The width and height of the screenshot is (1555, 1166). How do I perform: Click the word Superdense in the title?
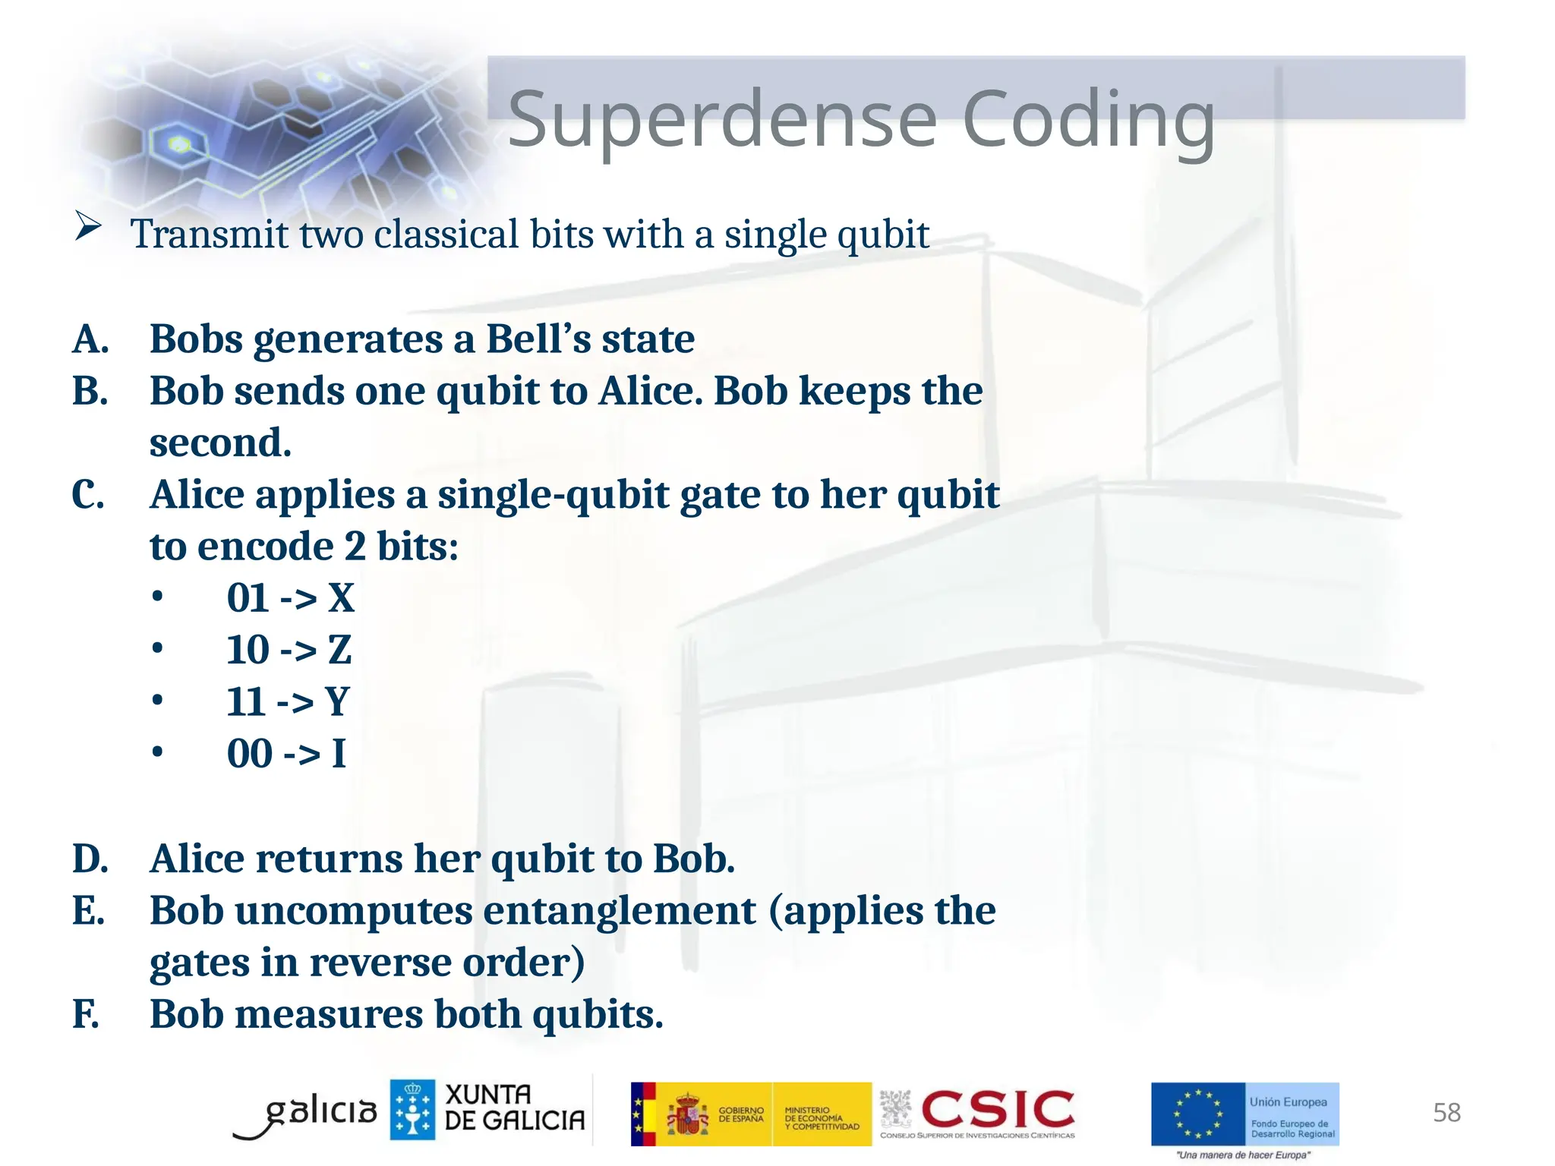pyautogui.click(x=722, y=119)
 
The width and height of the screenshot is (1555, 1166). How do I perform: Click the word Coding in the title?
pyautogui.click(x=1088, y=119)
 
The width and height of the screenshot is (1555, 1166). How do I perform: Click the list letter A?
pyautogui.click(x=90, y=339)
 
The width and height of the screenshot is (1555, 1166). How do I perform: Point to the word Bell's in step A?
pyautogui.click(x=538, y=339)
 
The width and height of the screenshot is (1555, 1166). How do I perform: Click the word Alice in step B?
pyautogui.click(x=650, y=391)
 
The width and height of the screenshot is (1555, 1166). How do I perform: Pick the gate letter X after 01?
pyautogui.click(x=341, y=598)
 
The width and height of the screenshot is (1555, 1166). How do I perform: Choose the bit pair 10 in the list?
pyautogui.click(x=248, y=650)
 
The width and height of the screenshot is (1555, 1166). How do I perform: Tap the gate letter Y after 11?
pyautogui.click(x=337, y=701)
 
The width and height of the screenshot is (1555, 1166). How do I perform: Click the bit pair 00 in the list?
pyautogui.click(x=249, y=754)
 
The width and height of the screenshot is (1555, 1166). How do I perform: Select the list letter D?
pyautogui.click(x=90, y=859)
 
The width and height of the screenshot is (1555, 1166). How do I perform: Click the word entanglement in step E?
pyautogui.click(x=620, y=910)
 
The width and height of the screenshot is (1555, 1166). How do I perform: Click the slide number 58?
pyautogui.click(x=1446, y=1113)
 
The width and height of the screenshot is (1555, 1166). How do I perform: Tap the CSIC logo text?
pyautogui.click(x=997, y=1110)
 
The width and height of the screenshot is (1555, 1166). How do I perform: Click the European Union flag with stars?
pyautogui.click(x=1197, y=1114)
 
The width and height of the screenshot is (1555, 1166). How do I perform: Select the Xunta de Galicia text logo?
pyautogui.click(x=514, y=1108)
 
